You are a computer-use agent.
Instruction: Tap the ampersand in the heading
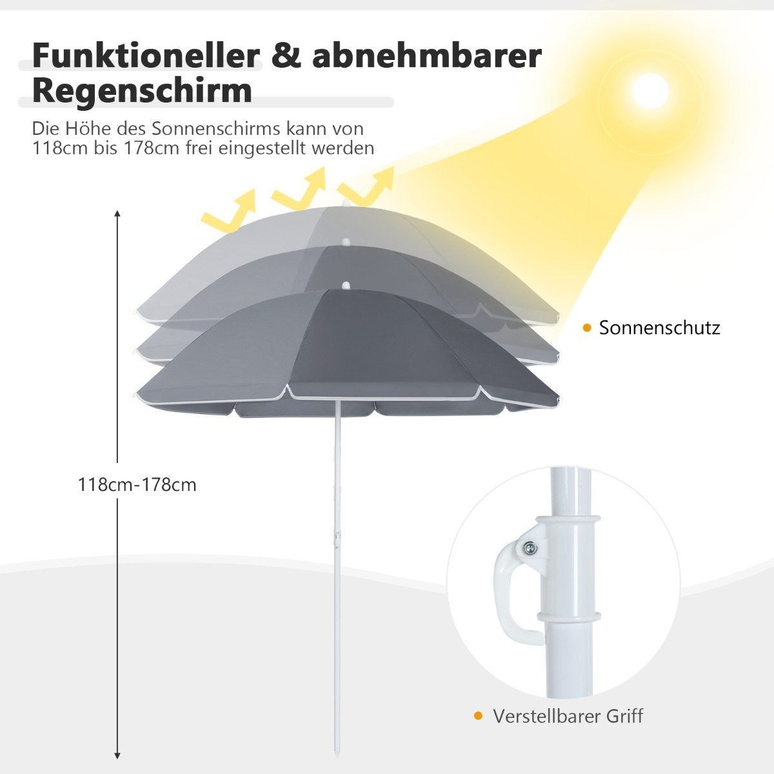286,56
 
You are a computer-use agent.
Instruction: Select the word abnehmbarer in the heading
427,56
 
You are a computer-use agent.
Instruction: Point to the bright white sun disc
650,91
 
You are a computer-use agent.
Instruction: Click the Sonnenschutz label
660,328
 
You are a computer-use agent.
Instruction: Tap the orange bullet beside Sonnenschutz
587,328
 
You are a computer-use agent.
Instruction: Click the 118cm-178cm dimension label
137,485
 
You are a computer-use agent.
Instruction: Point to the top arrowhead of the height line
117,213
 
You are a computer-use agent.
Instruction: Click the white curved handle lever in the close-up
507,582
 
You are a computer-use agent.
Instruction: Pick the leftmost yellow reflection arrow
230,210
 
